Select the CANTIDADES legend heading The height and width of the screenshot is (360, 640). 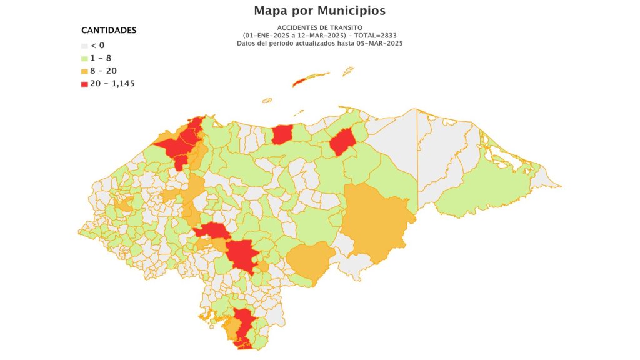[x=109, y=30]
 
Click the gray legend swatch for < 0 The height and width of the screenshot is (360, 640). [x=85, y=46]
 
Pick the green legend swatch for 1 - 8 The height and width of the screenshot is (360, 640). [x=85, y=58]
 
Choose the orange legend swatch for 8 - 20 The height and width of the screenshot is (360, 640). [x=85, y=71]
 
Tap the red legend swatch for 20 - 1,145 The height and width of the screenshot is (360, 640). [x=85, y=83]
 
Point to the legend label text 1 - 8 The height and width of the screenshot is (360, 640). [x=101, y=58]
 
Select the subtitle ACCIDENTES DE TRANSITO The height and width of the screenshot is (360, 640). [x=319, y=28]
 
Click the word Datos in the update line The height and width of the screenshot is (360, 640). [x=247, y=43]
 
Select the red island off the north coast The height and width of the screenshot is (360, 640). [x=311, y=79]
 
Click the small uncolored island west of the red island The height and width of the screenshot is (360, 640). [x=267, y=100]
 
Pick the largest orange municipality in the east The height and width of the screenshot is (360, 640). [x=375, y=222]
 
